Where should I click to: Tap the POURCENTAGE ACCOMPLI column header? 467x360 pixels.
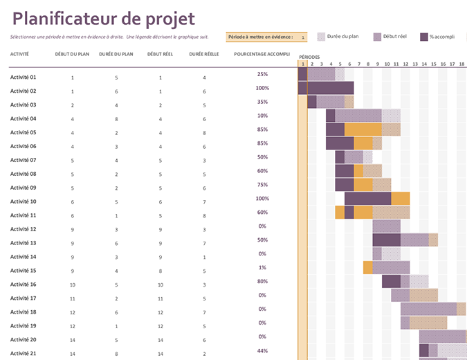(262, 53)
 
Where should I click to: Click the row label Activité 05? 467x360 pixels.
(23, 132)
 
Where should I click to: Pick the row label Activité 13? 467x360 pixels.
(23, 243)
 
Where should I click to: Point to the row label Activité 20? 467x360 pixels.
(23, 340)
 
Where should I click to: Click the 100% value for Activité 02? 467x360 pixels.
(262, 88)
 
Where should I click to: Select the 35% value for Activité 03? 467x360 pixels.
(262, 102)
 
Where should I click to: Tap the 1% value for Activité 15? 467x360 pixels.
(262, 267)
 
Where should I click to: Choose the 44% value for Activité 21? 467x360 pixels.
(262, 350)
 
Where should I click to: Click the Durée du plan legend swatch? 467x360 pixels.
(322, 37)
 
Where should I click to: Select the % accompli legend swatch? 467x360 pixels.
(424, 37)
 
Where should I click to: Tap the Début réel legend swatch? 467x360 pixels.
(377, 37)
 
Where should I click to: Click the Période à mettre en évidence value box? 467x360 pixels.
(302, 37)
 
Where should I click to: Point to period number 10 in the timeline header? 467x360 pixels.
(386, 64)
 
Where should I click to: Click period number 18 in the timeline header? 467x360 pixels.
(461, 64)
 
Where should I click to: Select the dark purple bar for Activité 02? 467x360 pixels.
(330, 88)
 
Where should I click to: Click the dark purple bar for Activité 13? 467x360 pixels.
(386, 240)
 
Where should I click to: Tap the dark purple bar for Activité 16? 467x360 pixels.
(391, 282)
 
